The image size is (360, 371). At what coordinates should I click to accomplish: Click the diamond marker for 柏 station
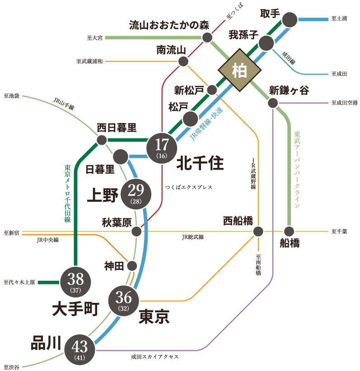coord(239,70)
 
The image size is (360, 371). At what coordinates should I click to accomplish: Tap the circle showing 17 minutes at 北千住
coord(161,147)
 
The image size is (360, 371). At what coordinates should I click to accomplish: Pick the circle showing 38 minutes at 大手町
coord(76,282)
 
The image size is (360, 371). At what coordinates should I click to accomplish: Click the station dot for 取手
coord(290,19)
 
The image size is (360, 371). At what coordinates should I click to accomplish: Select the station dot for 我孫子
coord(266,43)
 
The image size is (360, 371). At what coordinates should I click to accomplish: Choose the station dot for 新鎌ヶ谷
coord(272,103)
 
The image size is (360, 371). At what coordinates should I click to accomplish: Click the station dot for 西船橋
coord(258,232)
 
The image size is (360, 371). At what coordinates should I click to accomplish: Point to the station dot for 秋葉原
coord(136,232)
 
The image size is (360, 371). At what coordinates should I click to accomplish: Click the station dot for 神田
coord(132,266)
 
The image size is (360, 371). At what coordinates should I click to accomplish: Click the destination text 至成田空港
coord(344,103)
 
